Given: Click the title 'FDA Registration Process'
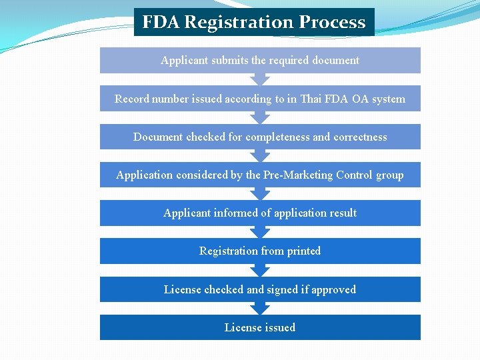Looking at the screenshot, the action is click(x=254, y=22).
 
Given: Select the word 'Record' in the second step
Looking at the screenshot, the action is click(x=131, y=99).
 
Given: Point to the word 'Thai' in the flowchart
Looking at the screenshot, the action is click(x=311, y=99).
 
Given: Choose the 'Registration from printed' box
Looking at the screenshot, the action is click(x=260, y=251).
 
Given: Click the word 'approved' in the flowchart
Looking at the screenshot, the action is click(x=333, y=289).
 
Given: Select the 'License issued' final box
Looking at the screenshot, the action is click(x=260, y=327).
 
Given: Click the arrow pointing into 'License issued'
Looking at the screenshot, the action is click(x=260, y=308).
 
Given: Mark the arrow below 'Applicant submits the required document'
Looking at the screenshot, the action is click(x=260, y=79).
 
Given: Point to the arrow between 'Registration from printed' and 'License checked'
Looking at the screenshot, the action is click(x=260, y=270).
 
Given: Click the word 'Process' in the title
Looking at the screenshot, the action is click(x=332, y=22).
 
